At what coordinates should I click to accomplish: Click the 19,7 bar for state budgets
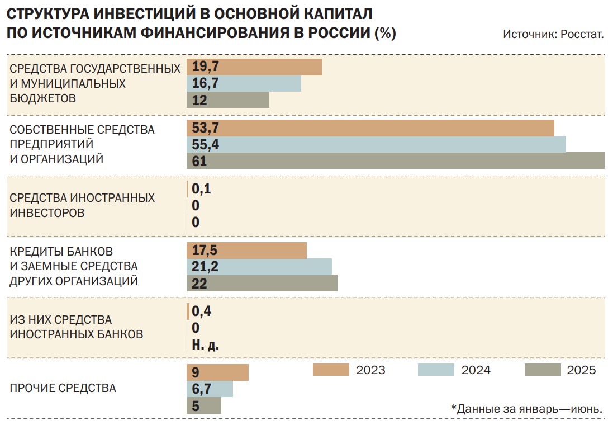point(254,67)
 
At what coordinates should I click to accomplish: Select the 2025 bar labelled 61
point(396,161)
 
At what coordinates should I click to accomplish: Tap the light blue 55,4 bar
point(376,144)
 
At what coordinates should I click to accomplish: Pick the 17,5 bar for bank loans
point(246,251)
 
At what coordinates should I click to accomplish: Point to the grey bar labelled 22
point(262,283)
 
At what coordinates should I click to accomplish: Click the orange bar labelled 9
point(217,372)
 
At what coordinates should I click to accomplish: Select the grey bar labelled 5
point(204,405)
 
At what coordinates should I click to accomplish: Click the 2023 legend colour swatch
point(331,370)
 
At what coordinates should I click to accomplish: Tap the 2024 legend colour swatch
point(436,370)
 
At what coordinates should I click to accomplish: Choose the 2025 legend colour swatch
point(543,370)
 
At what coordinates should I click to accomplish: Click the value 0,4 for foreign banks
point(202,311)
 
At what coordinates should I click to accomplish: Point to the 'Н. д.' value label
point(205,345)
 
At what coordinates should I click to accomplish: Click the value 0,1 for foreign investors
point(202,189)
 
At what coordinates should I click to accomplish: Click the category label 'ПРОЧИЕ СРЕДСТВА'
point(63,388)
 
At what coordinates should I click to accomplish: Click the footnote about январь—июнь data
point(526,409)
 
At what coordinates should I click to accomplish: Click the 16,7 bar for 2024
point(244,83)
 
